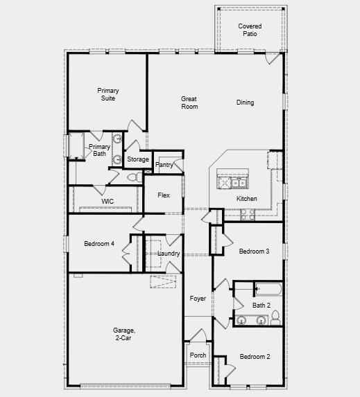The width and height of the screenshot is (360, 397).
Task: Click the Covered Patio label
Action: click(x=250, y=30)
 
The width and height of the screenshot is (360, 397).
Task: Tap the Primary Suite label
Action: click(x=107, y=94)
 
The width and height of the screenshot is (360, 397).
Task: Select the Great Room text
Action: click(x=189, y=103)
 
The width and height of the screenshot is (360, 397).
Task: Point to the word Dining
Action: click(x=245, y=103)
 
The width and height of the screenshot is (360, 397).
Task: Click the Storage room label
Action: click(x=138, y=159)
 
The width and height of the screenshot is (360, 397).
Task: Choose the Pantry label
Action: click(x=164, y=165)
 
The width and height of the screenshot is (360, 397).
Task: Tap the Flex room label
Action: click(x=164, y=195)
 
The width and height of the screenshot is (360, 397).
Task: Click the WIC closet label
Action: click(x=108, y=201)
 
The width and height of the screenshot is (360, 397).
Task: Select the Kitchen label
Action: click(x=247, y=199)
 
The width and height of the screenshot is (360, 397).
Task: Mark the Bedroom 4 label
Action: click(x=99, y=243)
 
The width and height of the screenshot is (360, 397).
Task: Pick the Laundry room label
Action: click(x=169, y=254)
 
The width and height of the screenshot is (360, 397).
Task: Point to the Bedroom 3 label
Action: click(x=254, y=251)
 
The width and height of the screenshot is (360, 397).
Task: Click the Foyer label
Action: click(x=198, y=298)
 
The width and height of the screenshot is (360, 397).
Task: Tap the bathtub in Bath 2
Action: click(x=268, y=290)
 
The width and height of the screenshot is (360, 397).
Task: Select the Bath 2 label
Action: click(x=262, y=305)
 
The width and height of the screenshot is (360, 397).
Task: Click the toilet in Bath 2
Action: click(x=275, y=318)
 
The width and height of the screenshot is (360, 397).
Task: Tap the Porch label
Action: click(x=198, y=355)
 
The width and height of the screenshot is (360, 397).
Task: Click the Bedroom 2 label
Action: click(x=255, y=357)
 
